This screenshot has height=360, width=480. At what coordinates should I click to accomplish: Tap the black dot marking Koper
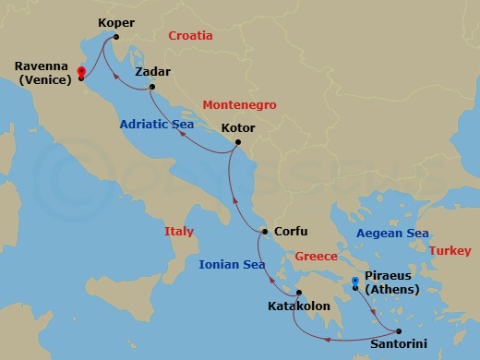[x=115, y=37]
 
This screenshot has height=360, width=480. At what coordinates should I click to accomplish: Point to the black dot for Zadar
[x=151, y=89]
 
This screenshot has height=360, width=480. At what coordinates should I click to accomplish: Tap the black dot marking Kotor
[x=238, y=142]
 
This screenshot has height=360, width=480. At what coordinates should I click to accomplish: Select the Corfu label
[x=292, y=232]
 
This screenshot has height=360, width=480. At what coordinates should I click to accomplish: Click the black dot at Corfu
[x=265, y=232]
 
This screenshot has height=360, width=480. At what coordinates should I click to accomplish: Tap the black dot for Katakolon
[x=298, y=293]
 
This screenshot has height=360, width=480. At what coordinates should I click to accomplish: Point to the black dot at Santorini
[x=399, y=331]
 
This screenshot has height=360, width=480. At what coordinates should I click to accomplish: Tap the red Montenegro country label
[x=234, y=104]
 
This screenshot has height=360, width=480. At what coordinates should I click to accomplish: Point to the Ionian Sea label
[x=233, y=265]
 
